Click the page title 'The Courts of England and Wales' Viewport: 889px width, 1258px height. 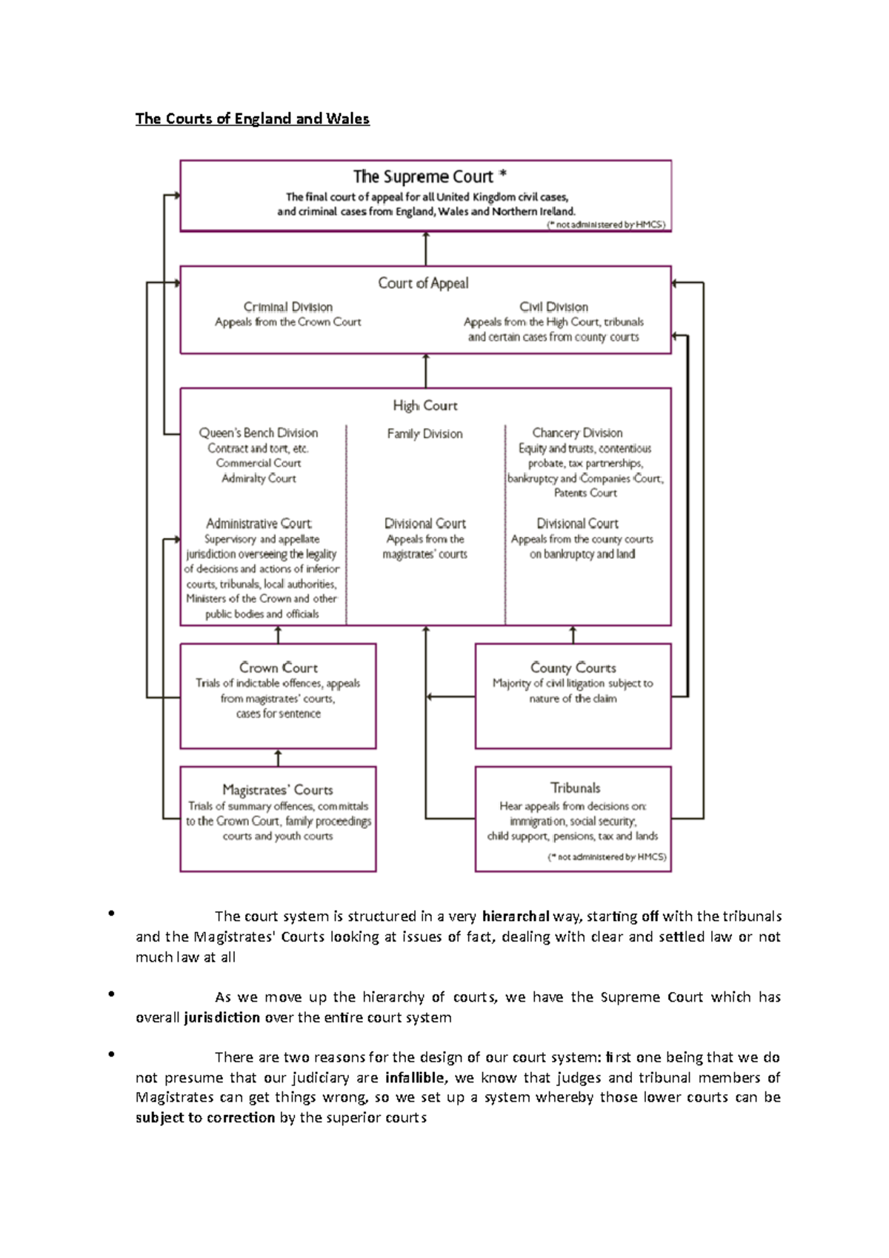[252, 119]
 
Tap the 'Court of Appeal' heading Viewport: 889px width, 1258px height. [423, 283]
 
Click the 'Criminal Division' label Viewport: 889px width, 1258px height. [287, 307]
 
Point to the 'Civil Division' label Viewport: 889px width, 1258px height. [553, 307]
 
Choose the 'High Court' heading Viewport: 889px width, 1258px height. [425, 405]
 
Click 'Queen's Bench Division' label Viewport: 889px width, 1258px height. [258, 433]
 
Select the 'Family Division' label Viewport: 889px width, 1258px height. [424, 433]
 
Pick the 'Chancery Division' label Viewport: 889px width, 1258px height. [577, 433]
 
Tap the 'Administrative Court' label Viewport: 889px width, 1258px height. [259, 523]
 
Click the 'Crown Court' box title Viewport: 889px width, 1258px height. [278, 668]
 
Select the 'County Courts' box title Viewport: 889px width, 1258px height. [573, 668]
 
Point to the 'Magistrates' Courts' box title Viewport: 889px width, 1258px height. [278, 790]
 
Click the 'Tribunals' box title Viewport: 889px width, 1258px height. [575, 788]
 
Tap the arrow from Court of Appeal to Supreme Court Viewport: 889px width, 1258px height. [426, 248]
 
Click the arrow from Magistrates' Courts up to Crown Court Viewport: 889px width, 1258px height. [278, 757]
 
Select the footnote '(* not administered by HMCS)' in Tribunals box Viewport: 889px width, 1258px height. [607, 857]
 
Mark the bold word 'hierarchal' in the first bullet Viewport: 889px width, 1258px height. [516, 916]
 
